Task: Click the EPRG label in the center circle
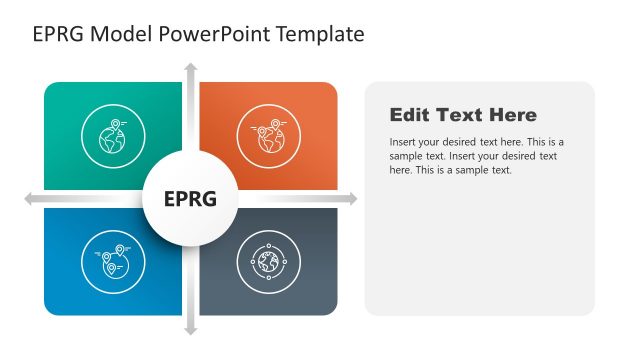coord(190,199)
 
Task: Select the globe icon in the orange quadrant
coord(268,137)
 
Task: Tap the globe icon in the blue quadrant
coord(113,261)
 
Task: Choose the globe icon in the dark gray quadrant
coord(268,262)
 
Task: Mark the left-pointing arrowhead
coord(29,200)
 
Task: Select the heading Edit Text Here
coord(463,115)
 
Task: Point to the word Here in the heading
coord(512,115)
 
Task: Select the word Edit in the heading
coord(410,115)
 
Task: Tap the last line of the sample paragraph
coord(450,170)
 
